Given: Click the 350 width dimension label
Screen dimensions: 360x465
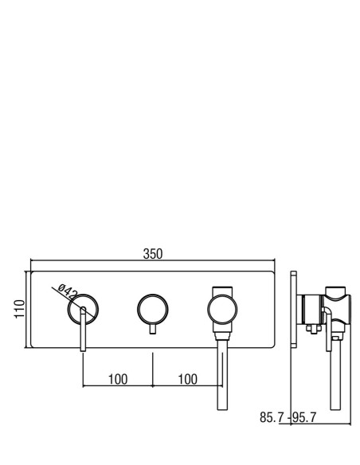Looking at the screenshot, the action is [153, 254].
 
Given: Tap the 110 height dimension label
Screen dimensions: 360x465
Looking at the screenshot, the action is [20, 309].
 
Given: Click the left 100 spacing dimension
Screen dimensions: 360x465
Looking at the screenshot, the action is [118, 379].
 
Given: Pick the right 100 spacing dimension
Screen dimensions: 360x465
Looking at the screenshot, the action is [187, 379].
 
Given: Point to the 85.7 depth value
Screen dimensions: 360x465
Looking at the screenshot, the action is [272, 417].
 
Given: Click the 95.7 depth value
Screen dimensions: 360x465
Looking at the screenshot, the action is [304, 417].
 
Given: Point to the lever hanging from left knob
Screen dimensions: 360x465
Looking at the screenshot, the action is [84, 329].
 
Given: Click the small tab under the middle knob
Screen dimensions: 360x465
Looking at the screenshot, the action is [153, 329].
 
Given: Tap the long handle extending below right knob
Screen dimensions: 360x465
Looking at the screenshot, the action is [222, 374].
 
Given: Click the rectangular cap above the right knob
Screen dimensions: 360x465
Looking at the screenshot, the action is [222, 291].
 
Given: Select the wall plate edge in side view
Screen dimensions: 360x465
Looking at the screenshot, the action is [294, 309].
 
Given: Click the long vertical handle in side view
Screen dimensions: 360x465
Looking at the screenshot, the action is [335, 374].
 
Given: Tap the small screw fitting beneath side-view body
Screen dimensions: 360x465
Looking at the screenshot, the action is [314, 329].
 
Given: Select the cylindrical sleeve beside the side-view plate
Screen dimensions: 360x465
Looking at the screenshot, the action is [311, 309].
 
